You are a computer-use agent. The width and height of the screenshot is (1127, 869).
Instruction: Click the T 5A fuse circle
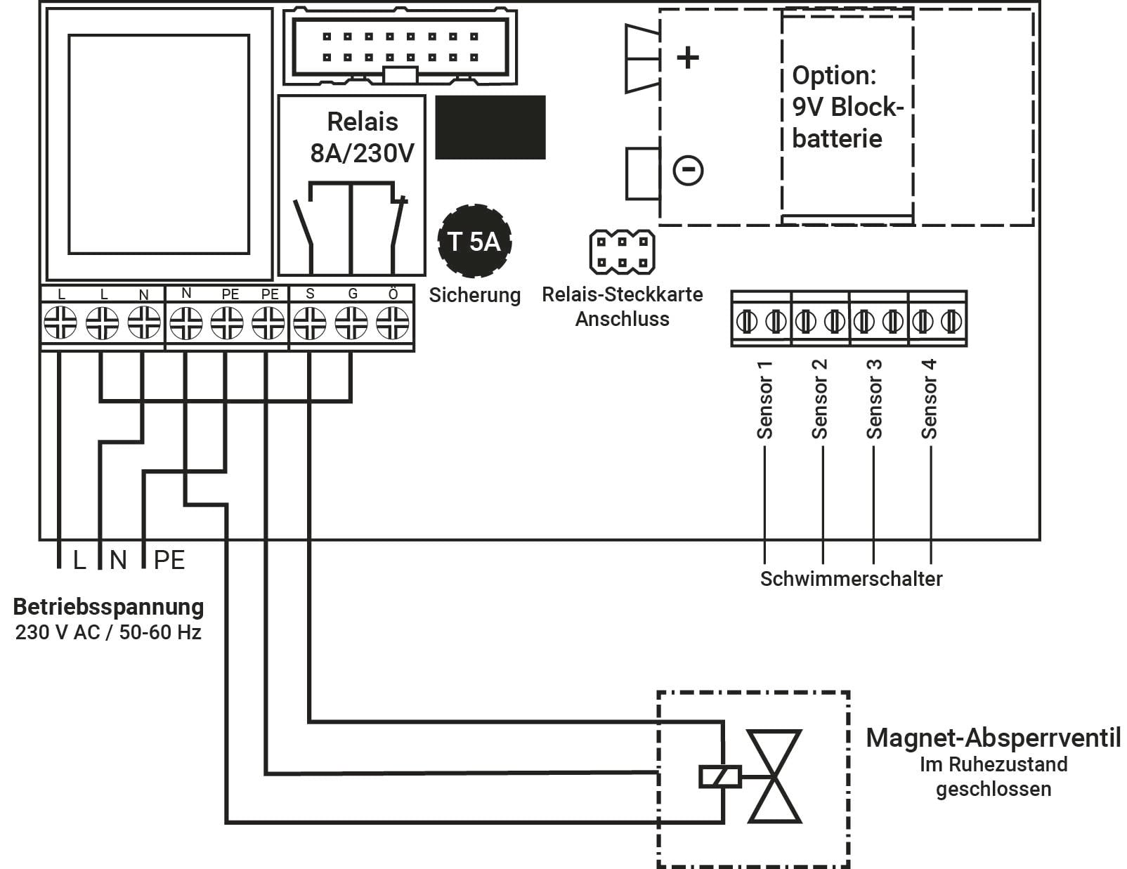pyautogui.click(x=474, y=241)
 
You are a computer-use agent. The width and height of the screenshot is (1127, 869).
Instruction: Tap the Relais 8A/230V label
pyautogui.click(x=362, y=138)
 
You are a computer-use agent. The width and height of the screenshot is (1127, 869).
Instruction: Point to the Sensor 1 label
pyautogui.click(x=764, y=400)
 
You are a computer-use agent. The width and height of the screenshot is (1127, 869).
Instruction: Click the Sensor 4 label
pyautogui.click(x=929, y=400)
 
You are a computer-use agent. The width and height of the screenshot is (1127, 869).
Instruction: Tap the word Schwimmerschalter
pyautogui.click(x=851, y=579)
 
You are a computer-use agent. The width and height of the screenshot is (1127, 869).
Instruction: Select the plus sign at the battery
pyautogui.click(x=687, y=57)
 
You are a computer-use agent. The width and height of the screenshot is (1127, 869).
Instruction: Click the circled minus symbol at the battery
pyautogui.click(x=688, y=170)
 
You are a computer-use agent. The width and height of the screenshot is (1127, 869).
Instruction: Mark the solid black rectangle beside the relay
pyautogui.click(x=490, y=127)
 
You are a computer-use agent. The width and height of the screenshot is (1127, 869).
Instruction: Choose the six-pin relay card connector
pyautogui.click(x=622, y=252)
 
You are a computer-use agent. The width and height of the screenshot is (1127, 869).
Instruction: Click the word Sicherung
pyautogui.click(x=475, y=295)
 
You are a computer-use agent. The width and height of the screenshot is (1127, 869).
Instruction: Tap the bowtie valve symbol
pyautogui.click(x=774, y=776)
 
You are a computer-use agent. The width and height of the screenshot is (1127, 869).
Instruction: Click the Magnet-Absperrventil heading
pyautogui.click(x=993, y=738)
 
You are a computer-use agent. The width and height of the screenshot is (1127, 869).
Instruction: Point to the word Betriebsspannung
pyautogui.click(x=108, y=606)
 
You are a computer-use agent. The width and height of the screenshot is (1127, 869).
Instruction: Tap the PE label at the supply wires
pyautogui.click(x=169, y=560)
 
